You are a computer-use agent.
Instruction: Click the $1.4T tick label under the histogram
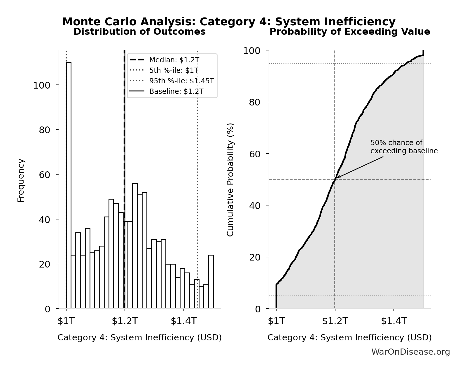point(184,321)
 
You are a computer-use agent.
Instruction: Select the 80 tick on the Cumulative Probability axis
point(255,102)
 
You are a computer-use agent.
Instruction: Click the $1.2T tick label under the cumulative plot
point(335,321)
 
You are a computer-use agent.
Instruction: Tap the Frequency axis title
point(21,180)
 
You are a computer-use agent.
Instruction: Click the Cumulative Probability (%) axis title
point(230,180)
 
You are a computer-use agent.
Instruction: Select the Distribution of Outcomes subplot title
point(140,32)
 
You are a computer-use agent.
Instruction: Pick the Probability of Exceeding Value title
point(350,32)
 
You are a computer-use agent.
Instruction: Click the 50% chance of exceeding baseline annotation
point(404,147)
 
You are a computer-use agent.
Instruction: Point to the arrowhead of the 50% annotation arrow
point(337,178)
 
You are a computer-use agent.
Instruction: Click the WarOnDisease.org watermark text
point(410,352)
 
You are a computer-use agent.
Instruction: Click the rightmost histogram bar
point(211,281)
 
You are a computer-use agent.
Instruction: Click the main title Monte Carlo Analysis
point(229,22)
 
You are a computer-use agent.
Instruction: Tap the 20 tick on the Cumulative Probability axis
point(255,257)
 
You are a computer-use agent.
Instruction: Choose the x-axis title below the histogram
point(140,337)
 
